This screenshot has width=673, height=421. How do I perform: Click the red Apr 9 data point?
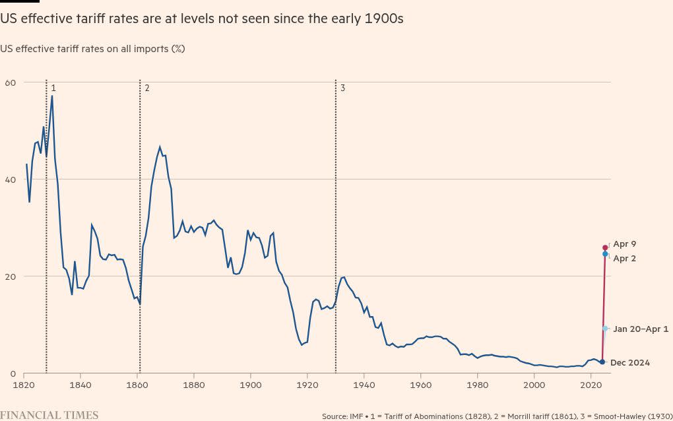605,247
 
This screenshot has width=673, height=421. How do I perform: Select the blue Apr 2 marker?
605,254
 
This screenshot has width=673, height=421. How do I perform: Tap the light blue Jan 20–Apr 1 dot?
605,329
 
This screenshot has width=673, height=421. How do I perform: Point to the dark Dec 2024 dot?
602,362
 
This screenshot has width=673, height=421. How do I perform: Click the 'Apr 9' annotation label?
624,244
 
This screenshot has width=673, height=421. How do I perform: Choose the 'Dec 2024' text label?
630,363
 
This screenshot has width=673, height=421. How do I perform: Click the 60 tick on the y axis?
10,82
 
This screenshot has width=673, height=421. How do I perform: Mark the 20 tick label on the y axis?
10,276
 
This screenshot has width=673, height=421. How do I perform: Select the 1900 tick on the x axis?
250,384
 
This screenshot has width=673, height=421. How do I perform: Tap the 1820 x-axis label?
24,384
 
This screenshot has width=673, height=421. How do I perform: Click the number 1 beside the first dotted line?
53,88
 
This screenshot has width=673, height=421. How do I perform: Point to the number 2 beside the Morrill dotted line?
146,88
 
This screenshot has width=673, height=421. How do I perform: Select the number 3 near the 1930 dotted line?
342,88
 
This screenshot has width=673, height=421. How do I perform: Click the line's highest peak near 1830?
52,96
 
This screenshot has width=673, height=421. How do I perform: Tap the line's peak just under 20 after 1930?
343,277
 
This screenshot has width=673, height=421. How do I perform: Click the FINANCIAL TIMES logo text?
49,415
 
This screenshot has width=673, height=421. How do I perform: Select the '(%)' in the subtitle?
177,49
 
